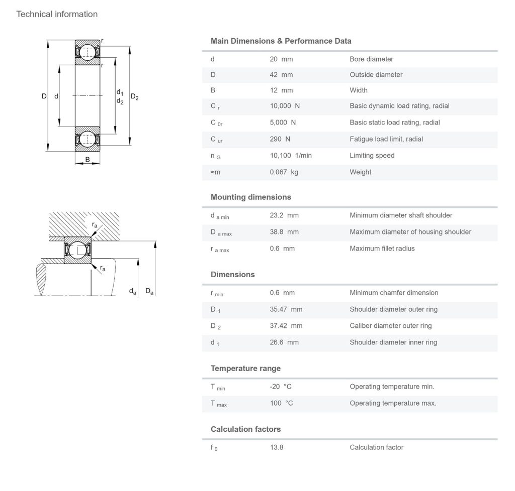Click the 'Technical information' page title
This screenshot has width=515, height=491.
[x=57, y=14]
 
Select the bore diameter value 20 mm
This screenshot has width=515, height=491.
[x=281, y=59]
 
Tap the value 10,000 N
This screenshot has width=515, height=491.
[x=285, y=106]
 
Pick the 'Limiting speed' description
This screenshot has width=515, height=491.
[x=372, y=155]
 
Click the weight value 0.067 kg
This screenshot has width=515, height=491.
[x=284, y=172]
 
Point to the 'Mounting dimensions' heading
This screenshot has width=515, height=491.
[x=250, y=197]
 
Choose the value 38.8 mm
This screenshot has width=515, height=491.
[x=284, y=232]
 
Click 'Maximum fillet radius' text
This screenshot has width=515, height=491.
[x=382, y=249]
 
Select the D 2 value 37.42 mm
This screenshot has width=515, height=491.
[x=286, y=326]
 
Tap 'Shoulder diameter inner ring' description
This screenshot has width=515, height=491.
[x=393, y=342]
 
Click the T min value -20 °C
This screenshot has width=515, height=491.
[x=281, y=387]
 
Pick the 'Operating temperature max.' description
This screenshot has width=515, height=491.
[x=393, y=403]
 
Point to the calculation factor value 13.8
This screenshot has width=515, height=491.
[x=277, y=447]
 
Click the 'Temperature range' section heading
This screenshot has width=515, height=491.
[x=245, y=369]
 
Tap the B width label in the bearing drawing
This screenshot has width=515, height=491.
[x=88, y=159]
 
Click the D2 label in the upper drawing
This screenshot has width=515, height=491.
[x=135, y=97]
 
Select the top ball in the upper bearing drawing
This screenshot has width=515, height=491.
[x=87, y=52]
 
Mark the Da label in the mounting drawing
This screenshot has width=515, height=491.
[x=149, y=291]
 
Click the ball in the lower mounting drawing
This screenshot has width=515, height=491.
[x=77, y=251]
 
